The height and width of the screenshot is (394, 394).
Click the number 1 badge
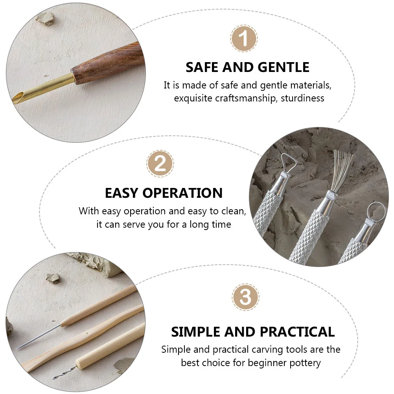coord(243,39)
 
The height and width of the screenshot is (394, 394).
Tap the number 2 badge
coord(160,164)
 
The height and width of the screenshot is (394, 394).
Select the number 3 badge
coord(245,297)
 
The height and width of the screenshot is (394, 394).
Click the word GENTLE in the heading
coord(284,67)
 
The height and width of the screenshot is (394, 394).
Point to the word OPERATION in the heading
coord(183,193)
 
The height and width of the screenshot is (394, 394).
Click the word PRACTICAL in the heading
coord(297,332)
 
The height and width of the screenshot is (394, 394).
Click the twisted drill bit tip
coord(64,373)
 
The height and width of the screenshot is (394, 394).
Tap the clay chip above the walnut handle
coord(45,18)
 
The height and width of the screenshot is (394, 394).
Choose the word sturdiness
coord(302,98)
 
